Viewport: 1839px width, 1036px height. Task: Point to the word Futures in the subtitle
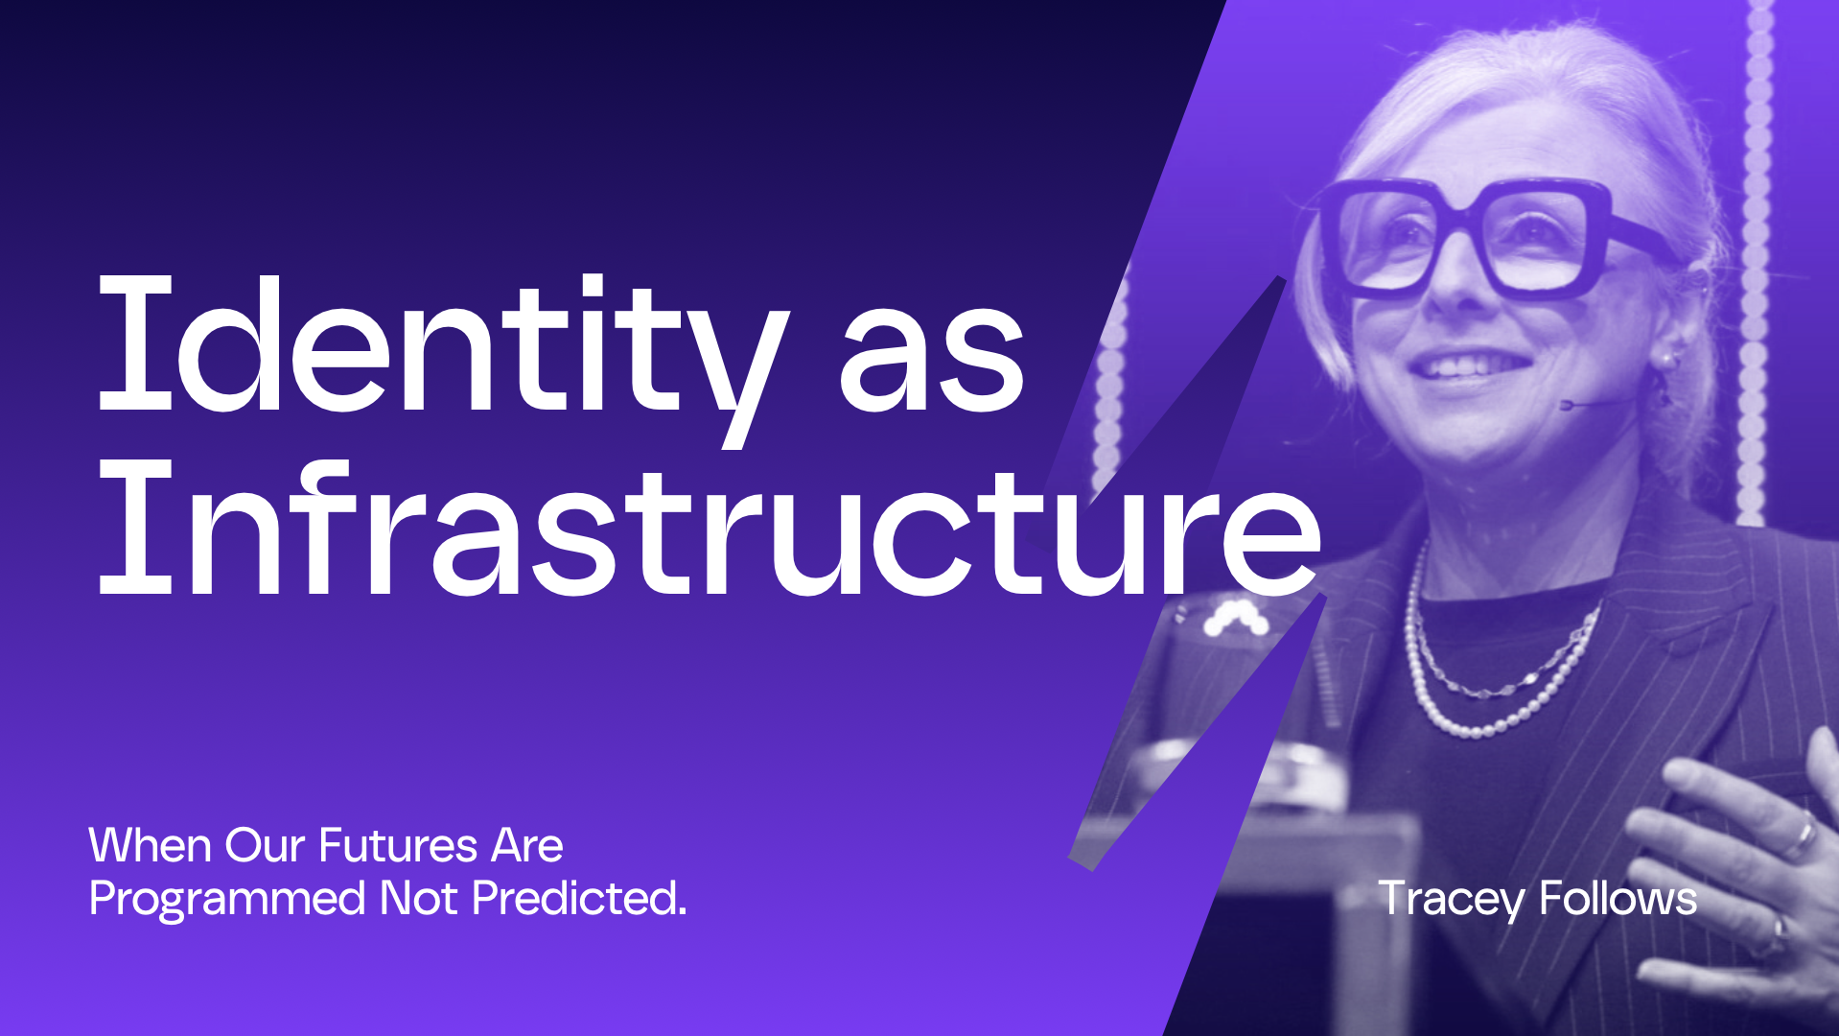tap(398, 846)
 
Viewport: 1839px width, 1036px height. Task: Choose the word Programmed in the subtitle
tap(227, 900)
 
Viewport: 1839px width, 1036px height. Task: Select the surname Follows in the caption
tap(1618, 899)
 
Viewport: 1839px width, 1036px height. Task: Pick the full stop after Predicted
tap(682, 913)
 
